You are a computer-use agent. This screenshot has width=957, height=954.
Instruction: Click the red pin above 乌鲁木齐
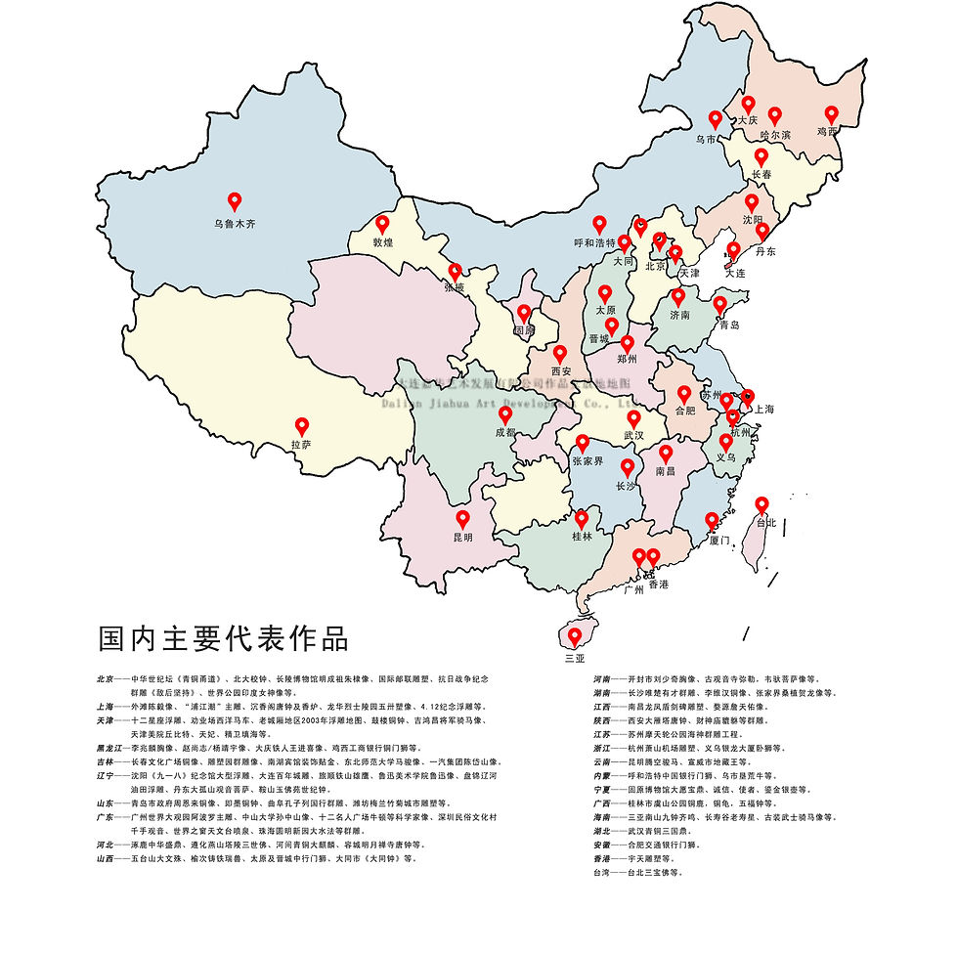click(235, 201)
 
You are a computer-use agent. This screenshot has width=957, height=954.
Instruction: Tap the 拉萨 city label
click(301, 446)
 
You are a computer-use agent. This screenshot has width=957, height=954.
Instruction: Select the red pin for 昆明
click(462, 519)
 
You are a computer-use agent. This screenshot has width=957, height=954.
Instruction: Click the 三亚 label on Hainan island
click(575, 658)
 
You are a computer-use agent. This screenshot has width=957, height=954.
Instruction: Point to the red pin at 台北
click(762, 504)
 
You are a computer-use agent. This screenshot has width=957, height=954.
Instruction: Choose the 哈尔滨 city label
click(775, 135)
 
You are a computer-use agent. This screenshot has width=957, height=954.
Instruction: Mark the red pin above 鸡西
click(832, 114)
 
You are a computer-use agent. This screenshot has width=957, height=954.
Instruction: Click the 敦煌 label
click(382, 242)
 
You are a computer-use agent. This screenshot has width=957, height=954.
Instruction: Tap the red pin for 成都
click(505, 414)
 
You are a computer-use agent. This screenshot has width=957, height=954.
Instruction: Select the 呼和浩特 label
click(594, 243)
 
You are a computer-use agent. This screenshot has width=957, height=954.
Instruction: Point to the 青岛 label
click(727, 325)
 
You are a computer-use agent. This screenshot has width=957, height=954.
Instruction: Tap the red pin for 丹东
click(763, 232)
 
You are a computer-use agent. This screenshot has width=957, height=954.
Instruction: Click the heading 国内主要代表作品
click(222, 638)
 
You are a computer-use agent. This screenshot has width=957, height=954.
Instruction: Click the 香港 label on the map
click(658, 584)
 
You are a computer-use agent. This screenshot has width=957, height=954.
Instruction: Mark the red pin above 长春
click(761, 156)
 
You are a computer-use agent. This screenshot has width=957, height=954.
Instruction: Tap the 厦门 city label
click(718, 540)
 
